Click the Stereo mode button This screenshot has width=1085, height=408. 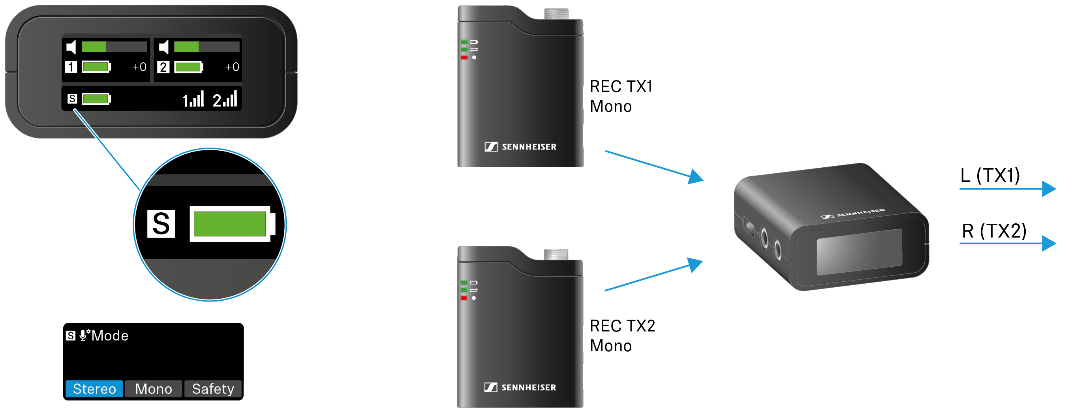pyautogui.click(x=94, y=389)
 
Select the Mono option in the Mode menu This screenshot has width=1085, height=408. pyautogui.click(x=153, y=389)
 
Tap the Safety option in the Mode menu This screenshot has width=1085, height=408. pyautogui.click(x=213, y=389)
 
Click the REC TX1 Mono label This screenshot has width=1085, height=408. pyautogui.click(x=620, y=96)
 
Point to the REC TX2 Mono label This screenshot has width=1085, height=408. pyautogui.click(x=622, y=335)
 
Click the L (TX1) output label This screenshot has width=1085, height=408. pyautogui.click(x=990, y=175)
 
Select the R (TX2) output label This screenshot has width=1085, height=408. pyautogui.click(x=994, y=231)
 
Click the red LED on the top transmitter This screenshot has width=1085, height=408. pyautogui.click(x=464, y=57)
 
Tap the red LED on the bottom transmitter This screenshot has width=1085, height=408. pyautogui.click(x=464, y=298)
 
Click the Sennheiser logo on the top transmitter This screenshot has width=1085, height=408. pyautogui.click(x=521, y=146)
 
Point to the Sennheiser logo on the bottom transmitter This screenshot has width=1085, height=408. pyautogui.click(x=520, y=387)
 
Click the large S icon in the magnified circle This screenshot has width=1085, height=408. pyautogui.click(x=161, y=224)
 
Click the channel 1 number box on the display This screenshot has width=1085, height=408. pyautogui.click(x=71, y=67)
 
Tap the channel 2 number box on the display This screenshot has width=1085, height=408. pyautogui.click(x=163, y=67)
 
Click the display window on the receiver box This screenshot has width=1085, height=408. pyautogui.click(x=859, y=252)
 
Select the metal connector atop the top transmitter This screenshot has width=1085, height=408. pyautogui.click(x=556, y=14)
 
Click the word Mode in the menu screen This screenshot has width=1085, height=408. pyautogui.click(x=110, y=335)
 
